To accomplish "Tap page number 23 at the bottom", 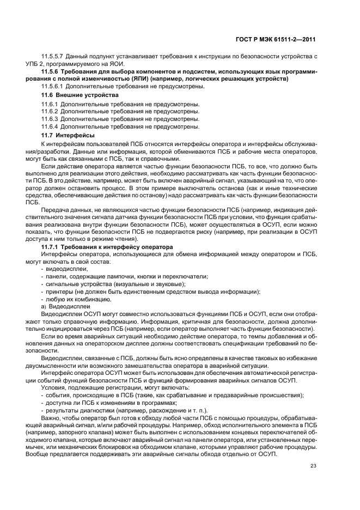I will pyautogui.click(x=312, y=465).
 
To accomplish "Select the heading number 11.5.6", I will pyautogui.click(x=52, y=72).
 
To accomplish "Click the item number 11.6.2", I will pyautogui.click(x=50, y=111).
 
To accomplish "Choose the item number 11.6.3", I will pyautogui.click(x=50, y=119).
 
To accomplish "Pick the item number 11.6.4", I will pyautogui.click(x=50, y=126).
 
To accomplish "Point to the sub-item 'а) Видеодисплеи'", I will pyautogui.click(x=66, y=307).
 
